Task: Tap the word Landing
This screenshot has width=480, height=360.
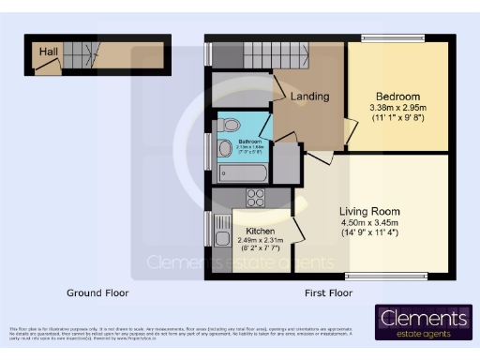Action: (x=309, y=97)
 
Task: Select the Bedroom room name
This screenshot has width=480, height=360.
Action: (x=397, y=97)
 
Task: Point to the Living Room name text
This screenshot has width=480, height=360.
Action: (x=369, y=211)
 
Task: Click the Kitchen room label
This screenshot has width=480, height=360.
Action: (x=260, y=231)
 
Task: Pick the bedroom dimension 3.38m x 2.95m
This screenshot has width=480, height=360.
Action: (x=397, y=109)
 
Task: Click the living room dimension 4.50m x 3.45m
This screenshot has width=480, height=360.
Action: (x=369, y=223)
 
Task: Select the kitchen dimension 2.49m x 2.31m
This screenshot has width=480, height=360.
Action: (x=260, y=241)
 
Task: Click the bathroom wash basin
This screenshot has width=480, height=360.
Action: (x=224, y=149)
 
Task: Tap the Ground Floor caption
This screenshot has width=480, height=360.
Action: (x=97, y=292)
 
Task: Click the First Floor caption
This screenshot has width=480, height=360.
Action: (x=329, y=292)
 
